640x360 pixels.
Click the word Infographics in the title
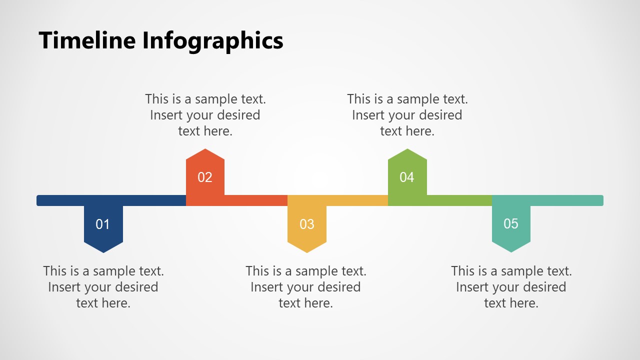[x=213, y=41]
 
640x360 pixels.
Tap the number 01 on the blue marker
[x=102, y=224]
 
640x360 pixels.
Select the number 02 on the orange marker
[x=205, y=177]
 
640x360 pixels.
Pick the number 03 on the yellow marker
[x=307, y=224]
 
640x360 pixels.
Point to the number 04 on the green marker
[x=407, y=177]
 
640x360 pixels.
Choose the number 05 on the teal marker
[x=511, y=223]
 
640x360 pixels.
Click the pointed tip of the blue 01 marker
[x=103, y=251]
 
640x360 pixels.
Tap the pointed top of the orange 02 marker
[x=205, y=150]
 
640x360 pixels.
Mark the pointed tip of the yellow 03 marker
[x=307, y=251]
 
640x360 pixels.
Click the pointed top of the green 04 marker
[x=407, y=150]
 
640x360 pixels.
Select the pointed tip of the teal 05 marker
[x=511, y=250]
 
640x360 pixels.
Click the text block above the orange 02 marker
[x=205, y=115]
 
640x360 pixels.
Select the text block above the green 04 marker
[x=407, y=115]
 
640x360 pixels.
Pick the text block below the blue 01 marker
[x=103, y=287]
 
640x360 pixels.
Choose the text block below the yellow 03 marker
[x=305, y=287]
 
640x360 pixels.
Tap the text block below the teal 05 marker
[x=511, y=287]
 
